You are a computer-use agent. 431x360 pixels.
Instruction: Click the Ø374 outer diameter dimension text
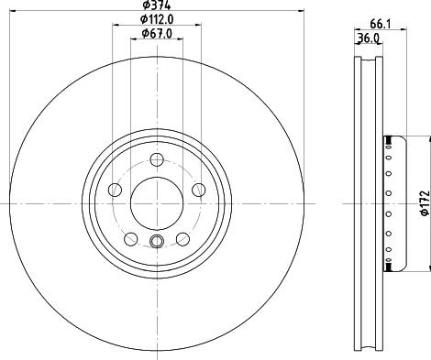[157, 5]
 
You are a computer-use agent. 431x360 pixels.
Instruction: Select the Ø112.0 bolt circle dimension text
[157, 19]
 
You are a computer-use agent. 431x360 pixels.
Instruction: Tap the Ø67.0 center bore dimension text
[157, 33]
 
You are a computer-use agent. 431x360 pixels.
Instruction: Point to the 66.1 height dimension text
[381, 24]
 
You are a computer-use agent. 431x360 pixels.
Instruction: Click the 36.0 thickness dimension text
[369, 38]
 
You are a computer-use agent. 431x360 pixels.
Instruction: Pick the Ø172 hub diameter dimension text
[425, 203]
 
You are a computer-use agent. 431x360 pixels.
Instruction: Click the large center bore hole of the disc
[157, 203]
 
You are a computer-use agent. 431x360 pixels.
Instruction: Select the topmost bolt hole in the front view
[157, 160]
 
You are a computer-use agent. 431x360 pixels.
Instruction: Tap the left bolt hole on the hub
[115, 190]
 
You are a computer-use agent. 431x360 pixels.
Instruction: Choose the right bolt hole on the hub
[199, 190]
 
